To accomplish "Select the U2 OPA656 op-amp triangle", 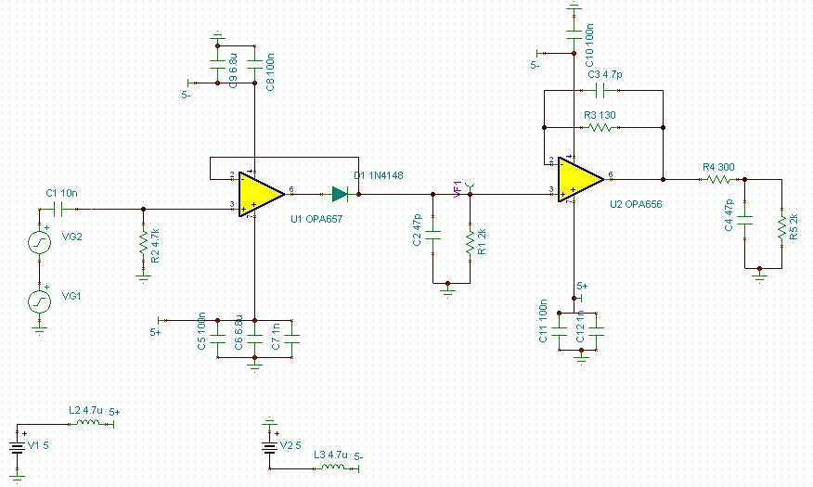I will click(579, 178).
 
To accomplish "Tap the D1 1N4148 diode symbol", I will click(340, 194).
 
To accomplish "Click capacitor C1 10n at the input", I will click(61, 209).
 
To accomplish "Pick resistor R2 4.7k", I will click(143, 243).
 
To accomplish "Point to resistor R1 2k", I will click(471, 241).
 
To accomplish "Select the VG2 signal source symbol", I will click(39, 243).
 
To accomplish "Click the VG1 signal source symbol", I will click(39, 301).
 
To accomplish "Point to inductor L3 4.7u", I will click(334, 467).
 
